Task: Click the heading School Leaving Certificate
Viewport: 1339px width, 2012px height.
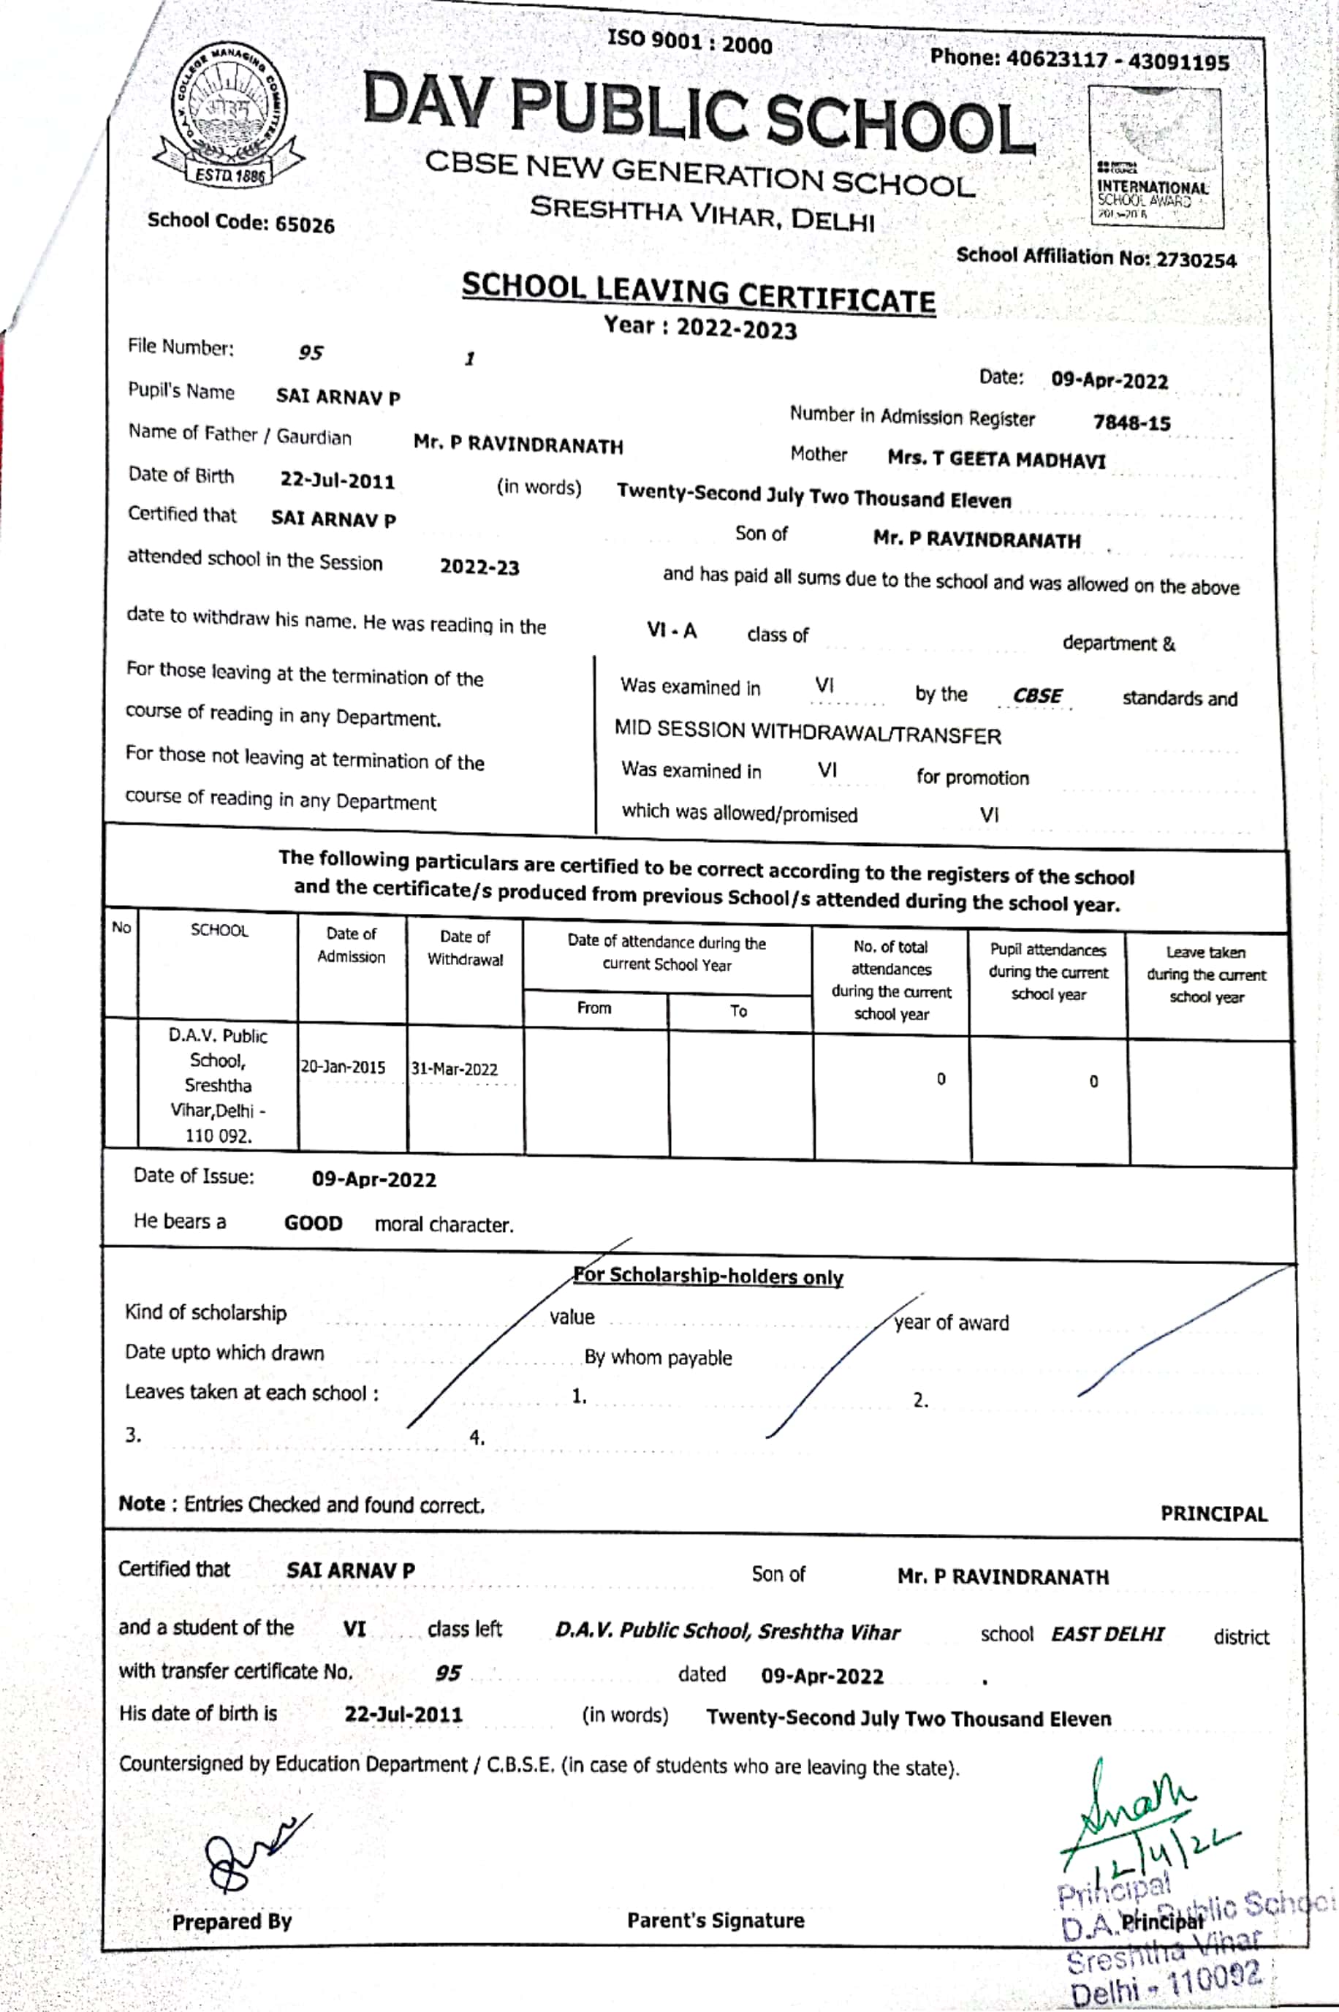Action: click(698, 293)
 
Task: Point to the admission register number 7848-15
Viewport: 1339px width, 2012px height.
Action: click(1131, 423)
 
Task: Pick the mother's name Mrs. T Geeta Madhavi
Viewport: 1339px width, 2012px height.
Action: click(996, 459)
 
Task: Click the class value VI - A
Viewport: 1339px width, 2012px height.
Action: click(671, 631)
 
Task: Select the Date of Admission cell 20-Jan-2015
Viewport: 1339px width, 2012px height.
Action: click(344, 1067)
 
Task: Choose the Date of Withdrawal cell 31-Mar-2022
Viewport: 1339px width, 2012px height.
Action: click(455, 1069)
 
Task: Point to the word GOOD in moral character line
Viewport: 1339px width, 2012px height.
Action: click(314, 1223)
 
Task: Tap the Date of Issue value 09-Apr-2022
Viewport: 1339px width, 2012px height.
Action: click(374, 1179)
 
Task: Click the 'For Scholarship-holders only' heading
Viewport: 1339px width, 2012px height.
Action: click(709, 1277)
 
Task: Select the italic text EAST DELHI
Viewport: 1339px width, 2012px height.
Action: click(1107, 1635)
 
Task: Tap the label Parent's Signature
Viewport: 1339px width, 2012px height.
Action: click(716, 1921)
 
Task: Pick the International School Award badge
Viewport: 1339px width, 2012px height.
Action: click(1156, 159)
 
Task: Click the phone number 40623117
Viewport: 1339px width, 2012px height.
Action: click(1056, 60)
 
